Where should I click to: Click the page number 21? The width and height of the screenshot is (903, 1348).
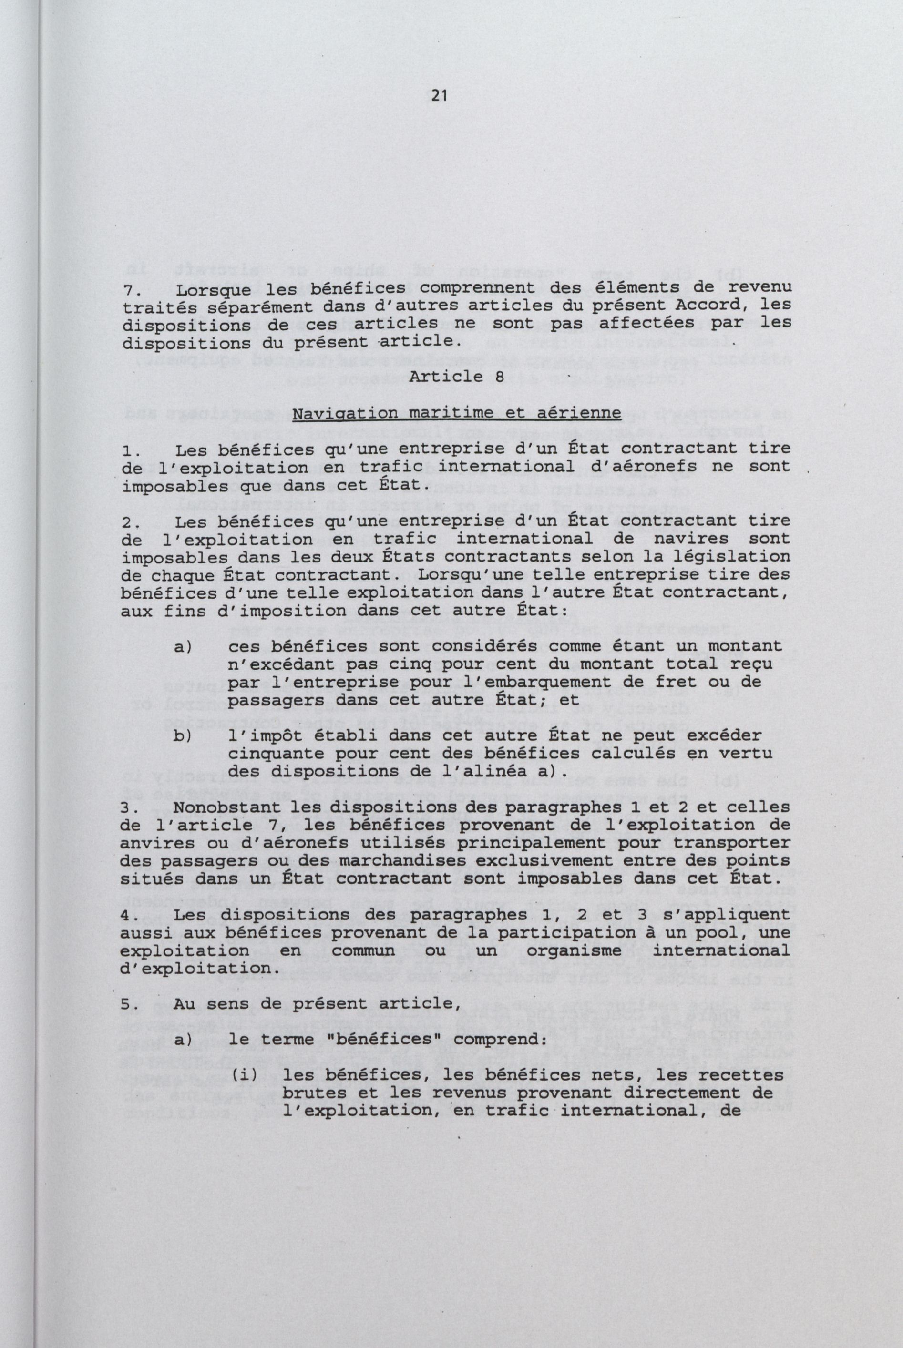point(439,96)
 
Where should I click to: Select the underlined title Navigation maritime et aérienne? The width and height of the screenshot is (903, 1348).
point(449,413)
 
